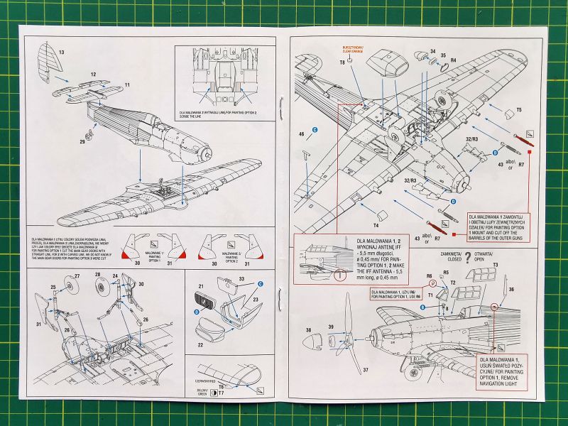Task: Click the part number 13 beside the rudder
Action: click(62, 53)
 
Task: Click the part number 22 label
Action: click(201, 345)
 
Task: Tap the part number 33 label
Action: click(240, 280)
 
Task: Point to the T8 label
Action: click(342, 63)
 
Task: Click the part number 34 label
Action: click(433, 52)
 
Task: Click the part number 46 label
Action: click(302, 133)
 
